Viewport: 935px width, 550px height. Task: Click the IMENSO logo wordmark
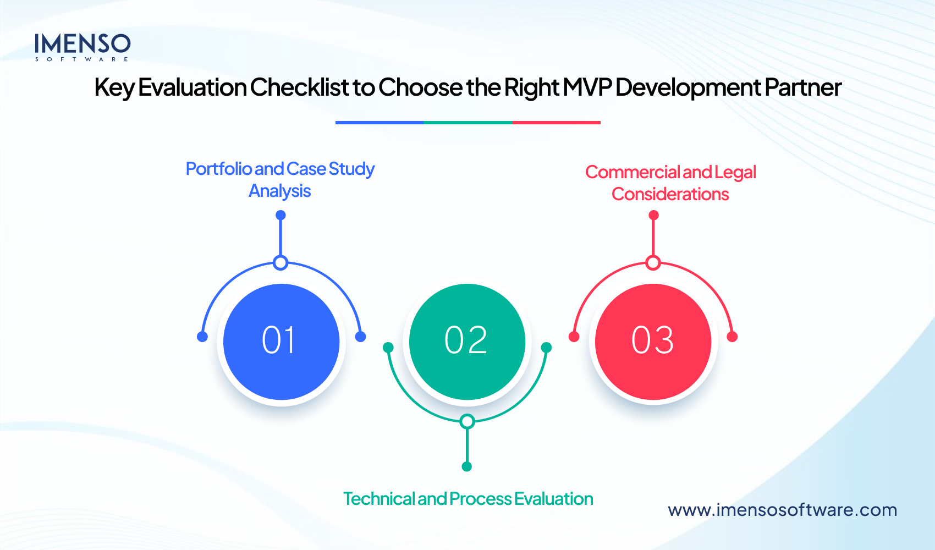pos(82,44)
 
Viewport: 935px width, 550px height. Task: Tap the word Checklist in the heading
pos(299,87)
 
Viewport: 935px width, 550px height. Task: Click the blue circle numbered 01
pos(281,342)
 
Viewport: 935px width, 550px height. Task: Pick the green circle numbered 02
pos(467,342)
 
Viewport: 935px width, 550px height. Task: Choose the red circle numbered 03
pos(653,342)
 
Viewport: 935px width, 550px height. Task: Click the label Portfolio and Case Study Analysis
pos(280,179)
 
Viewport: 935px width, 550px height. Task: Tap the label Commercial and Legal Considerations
pos(670,183)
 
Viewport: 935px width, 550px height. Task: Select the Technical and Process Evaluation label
pos(468,499)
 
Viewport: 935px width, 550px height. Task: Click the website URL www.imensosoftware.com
pos(782,510)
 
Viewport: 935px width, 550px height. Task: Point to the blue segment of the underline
pos(380,123)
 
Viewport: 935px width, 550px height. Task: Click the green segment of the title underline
pos(468,123)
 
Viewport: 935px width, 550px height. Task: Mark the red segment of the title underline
pos(556,123)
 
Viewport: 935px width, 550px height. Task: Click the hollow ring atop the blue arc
pos(280,263)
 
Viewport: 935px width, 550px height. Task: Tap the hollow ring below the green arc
pos(467,422)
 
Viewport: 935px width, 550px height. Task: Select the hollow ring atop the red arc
pos(653,263)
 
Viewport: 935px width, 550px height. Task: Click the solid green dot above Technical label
pos(467,466)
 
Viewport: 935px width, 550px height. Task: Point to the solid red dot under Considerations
pos(653,215)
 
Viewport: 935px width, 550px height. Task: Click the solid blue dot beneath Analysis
pos(280,215)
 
